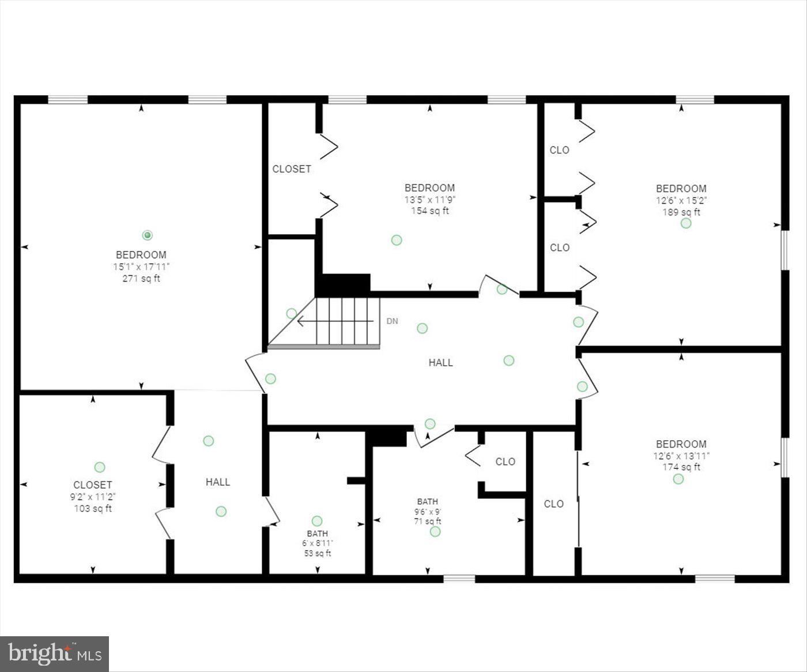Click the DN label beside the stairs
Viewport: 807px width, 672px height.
click(x=392, y=321)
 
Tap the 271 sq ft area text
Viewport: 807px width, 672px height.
click(x=141, y=279)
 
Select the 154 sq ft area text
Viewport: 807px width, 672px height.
click(x=429, y=211)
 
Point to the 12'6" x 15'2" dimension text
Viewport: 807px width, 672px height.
click(x=681, y=200)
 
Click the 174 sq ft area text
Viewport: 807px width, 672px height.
click(x=681, y=467)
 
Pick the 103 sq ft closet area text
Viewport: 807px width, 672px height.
click(x=93, y=509)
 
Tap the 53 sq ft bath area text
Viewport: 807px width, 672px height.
click(x=318, y=554)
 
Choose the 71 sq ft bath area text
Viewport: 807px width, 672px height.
click(x=428, y=521)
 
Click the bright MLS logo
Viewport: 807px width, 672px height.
click(x=55, y=654)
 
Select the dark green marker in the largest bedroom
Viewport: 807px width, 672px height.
click(x=147, y=235)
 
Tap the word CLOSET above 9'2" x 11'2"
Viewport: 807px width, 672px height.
click(x=93, y=485)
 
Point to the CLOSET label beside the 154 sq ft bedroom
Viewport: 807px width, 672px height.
click(x=292, y=169)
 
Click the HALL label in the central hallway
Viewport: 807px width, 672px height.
click(x=440, y=363)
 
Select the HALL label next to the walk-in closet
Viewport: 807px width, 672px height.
click(x=218, y=482)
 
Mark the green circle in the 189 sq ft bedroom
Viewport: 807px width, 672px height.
click(x=686, y=223)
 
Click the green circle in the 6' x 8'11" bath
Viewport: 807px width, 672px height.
click(x=316, y=521)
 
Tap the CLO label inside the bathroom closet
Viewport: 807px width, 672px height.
click(x=506, y=461)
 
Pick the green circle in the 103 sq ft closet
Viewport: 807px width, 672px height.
click(x=100, y=467)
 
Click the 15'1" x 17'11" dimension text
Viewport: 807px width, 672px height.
click(x=141, y=266)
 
